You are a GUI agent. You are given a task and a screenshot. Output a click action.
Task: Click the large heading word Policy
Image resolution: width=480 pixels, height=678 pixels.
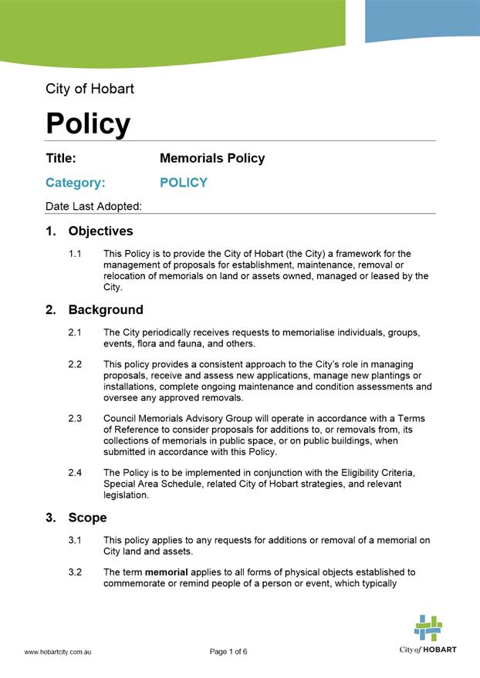point(88,123)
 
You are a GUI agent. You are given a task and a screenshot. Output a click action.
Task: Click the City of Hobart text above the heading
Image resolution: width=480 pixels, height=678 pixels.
point(90,89)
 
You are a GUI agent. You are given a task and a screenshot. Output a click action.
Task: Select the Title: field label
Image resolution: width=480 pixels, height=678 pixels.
point(61,158)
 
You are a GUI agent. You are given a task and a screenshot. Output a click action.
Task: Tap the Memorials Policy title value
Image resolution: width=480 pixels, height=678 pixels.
point(212,158)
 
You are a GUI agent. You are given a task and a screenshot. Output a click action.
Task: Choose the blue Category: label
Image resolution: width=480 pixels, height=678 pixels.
point(75,183)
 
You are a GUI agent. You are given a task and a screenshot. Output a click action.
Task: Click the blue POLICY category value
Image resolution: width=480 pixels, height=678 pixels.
point(184,183)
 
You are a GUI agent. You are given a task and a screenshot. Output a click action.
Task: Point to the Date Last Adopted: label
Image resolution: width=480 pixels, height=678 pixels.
point(93,206)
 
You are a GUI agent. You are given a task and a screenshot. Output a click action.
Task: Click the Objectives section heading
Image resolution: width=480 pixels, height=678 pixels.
point(100,231)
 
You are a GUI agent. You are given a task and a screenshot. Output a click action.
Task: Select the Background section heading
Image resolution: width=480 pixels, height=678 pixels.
point(105,310)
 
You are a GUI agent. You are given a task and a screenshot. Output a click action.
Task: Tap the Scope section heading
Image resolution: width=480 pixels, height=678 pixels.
point(87,518)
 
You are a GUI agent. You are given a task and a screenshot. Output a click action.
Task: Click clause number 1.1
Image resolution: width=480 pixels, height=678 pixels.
point(76,254)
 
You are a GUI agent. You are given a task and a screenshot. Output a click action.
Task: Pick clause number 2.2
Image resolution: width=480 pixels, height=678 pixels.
point(76,364)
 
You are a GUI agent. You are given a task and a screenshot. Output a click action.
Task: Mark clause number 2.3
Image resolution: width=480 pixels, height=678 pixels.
point(76,419)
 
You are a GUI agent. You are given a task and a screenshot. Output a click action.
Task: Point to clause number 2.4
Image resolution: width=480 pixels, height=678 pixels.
point(76,473)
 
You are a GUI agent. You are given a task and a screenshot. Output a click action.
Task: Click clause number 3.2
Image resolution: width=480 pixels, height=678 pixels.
point(76,572)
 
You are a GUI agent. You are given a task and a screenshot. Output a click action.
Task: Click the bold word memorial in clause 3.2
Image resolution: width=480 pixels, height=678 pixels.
point(167,572)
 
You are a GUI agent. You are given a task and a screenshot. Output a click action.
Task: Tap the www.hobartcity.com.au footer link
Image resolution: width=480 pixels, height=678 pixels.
point(59,652)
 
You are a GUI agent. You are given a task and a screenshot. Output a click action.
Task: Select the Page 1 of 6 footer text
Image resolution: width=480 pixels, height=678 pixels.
point(228,652)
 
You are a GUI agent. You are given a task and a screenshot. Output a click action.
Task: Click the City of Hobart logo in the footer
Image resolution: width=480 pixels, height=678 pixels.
point(428,634)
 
